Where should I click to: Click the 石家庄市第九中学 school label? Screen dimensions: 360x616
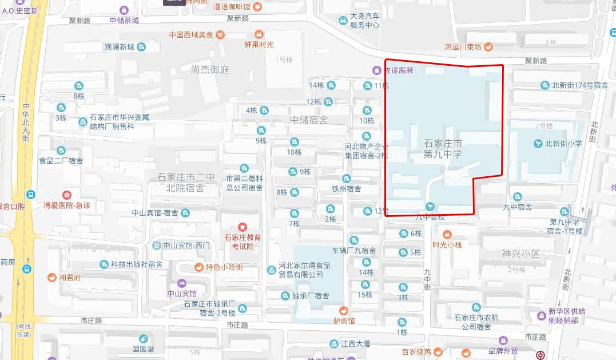(443, 148)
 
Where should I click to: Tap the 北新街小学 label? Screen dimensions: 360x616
(563, 144)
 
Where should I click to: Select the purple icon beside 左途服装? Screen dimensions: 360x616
(376, 70)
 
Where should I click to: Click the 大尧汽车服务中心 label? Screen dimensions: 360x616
(365, 21)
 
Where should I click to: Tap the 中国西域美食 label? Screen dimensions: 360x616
(191, 35)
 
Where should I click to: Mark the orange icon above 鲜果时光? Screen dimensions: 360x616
(259, 34)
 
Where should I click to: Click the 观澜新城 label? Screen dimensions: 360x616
(120, 47)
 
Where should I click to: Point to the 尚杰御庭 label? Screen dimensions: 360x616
(210, 69)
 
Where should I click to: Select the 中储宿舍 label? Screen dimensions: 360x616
(309, 120)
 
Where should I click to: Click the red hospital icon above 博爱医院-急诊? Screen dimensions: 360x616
(67, 195)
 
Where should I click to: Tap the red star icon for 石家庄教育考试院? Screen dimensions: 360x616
(243, 227)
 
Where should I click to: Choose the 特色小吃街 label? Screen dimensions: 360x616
(224, 267)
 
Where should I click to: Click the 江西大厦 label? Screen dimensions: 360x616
(355, 344)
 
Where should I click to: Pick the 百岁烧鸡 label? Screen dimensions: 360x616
(416, 352)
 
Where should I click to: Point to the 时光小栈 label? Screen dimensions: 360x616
(447, 244)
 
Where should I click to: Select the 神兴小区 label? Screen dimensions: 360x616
(520, 254)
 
